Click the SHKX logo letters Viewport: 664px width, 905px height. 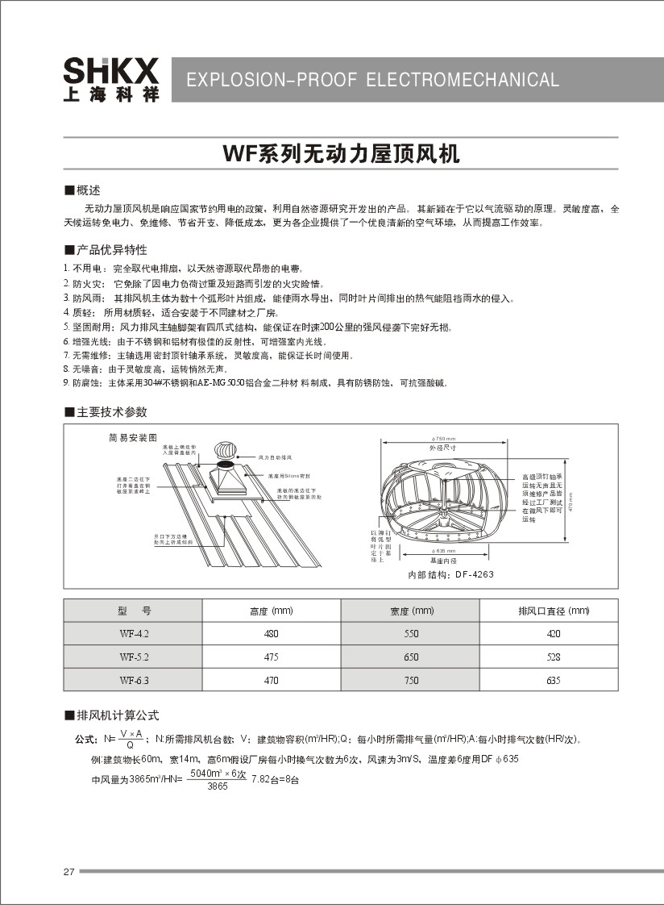coord(111,70)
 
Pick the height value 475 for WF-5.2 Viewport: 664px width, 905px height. coord(272,657)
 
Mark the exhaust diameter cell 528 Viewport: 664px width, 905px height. coord(553,657)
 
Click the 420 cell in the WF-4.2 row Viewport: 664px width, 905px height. coord(553,634)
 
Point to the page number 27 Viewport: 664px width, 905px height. coord(68,872)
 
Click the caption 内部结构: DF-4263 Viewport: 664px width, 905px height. coord(450,575)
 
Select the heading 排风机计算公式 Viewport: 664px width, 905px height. coord(118,715)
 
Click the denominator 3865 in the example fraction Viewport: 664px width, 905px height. coord(218,786)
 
